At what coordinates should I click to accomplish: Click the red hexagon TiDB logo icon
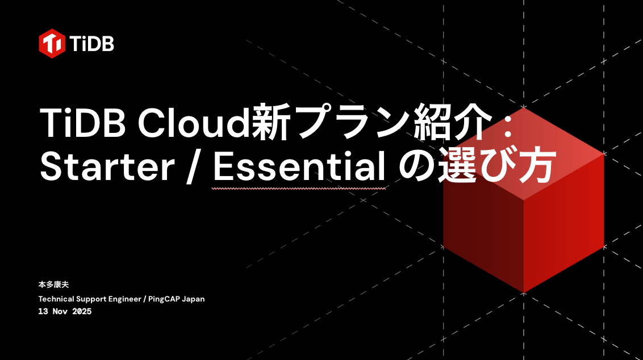pyautogui.click(x=52, y=43)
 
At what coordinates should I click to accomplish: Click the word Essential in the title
pyautogui.click(x=299, y=168)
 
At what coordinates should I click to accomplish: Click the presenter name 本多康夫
pyautogui.click(x=53, y=284)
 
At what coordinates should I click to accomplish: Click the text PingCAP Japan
pyautogui.click(x=177, y=299)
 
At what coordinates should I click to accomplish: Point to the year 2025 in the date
pyautogui.click(x=81, y=312)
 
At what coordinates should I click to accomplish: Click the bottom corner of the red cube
pyautogui.click(x=523, y=292)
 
